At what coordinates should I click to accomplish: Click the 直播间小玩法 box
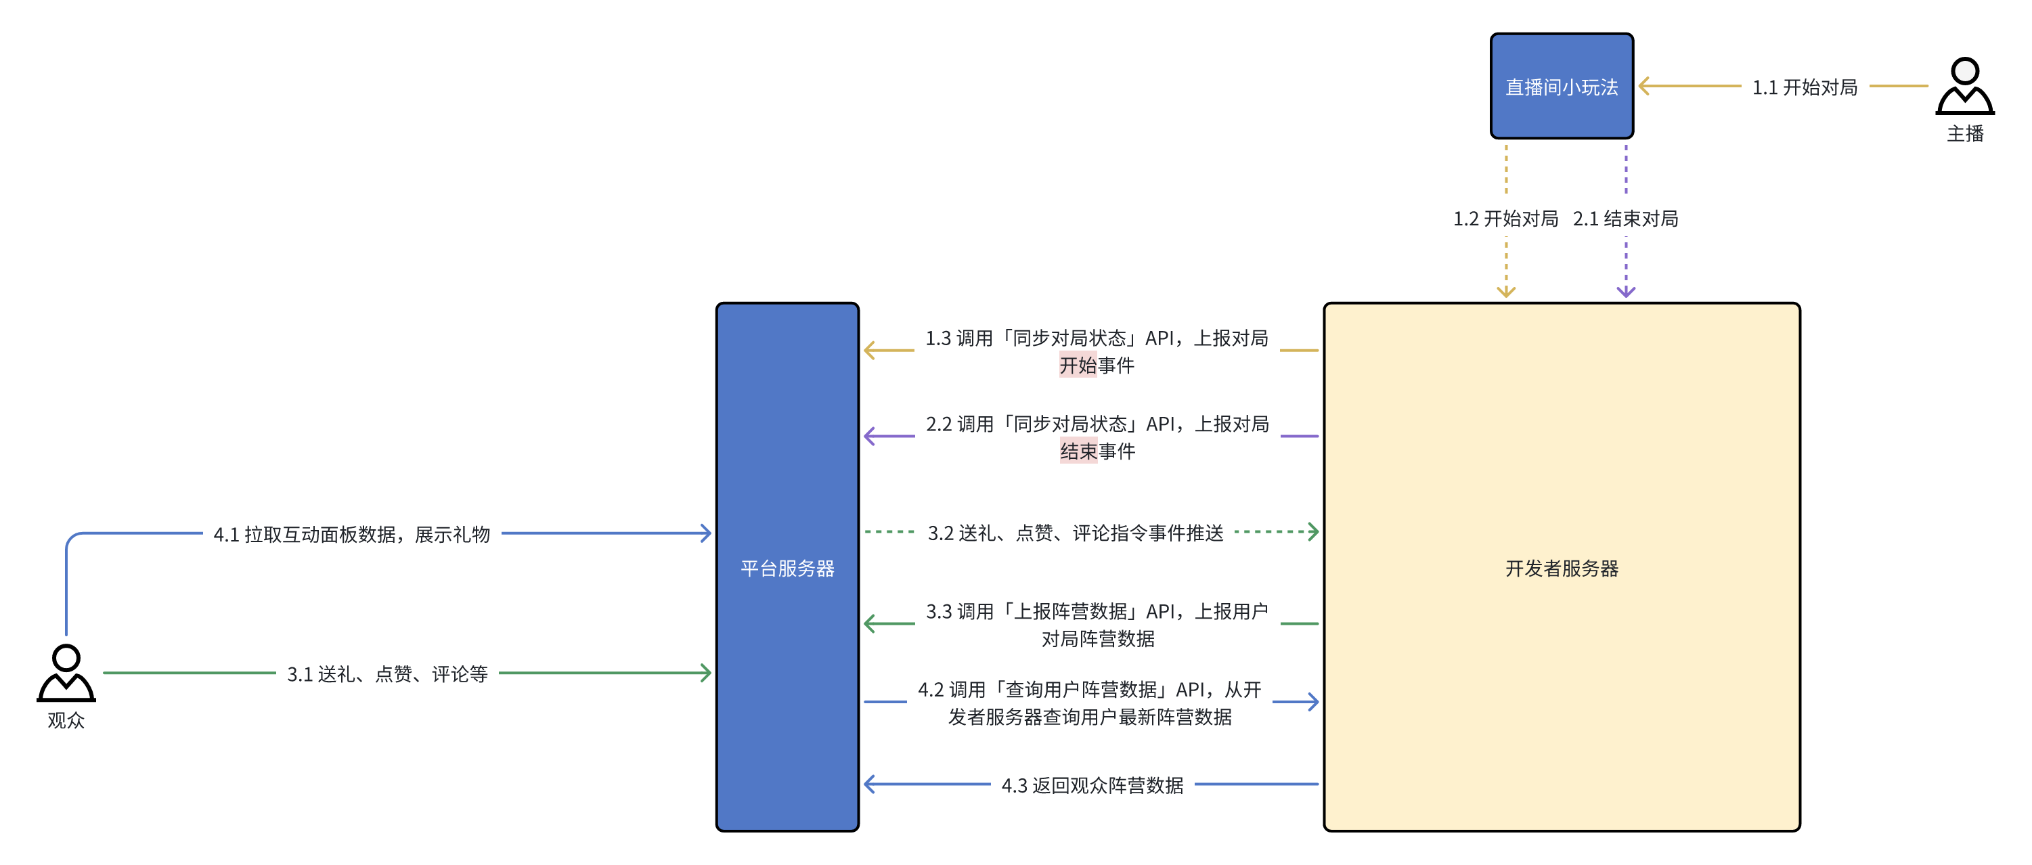(1561, 86)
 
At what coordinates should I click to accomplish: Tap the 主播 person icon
(1964, 86)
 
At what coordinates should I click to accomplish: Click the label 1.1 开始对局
(1804, 87)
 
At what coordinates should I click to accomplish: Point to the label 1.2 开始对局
(1505, 219)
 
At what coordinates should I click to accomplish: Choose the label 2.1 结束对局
(1625, 219)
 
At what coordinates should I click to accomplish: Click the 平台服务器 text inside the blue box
(787, 568)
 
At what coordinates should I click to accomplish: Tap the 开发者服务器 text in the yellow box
(1561, 568)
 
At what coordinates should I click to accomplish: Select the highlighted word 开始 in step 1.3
(1078, 365)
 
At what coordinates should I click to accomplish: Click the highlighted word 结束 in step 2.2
(1078, 451)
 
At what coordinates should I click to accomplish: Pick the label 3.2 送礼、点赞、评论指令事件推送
(1075, 533)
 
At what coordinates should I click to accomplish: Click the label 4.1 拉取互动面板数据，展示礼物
(352, 535)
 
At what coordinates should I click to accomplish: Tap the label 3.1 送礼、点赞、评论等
(386, 674)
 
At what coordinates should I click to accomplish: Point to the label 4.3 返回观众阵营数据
(1092, 785)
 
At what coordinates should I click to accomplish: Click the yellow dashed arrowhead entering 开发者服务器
(1506, 292)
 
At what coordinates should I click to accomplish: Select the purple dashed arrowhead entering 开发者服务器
(1626, 292)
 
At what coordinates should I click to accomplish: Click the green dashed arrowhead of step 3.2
(1312, 531)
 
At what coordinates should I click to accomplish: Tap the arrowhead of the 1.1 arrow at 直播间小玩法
(1645, 86)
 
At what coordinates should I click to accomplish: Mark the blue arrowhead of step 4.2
(1312, 702)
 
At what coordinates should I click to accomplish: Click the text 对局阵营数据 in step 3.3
(1097, 639)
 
